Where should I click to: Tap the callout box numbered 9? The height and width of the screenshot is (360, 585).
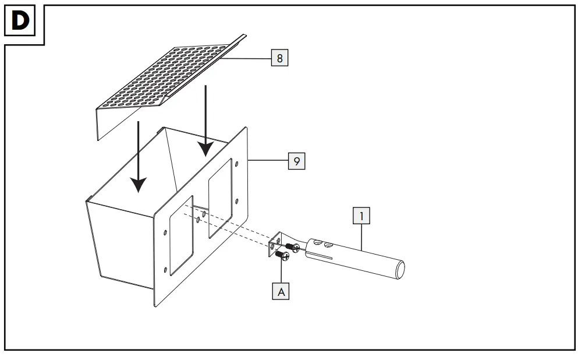[297, 161]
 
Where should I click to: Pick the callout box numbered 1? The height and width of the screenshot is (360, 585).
[361, 217]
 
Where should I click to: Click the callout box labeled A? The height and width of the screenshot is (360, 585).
[282, 291]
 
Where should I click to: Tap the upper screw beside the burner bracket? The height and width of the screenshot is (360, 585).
[291, 246]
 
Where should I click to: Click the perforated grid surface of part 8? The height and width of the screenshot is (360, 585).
[169, 73]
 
